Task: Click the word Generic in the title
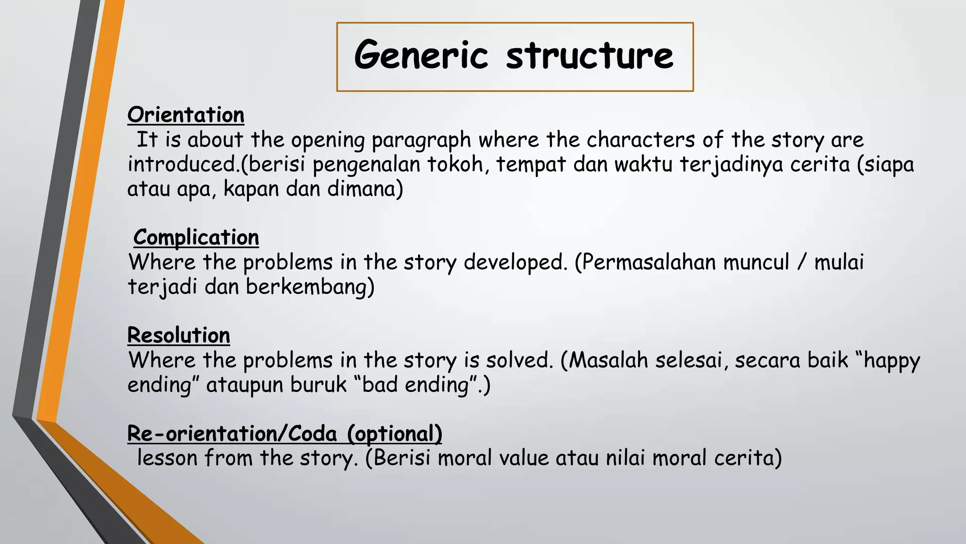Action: [x=421, y=56]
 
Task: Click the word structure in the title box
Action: [x=590, y=56]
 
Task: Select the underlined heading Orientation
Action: [x=186, y=115]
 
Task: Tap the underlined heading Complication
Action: [x=196, y=237]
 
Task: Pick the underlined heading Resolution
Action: [x=179, y=335]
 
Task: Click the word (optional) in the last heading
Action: [x=395, y=433]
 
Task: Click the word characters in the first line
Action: [x=641, y=140]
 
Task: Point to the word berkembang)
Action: [x=310, y=287]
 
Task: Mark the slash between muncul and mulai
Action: [x=801, y=263]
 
